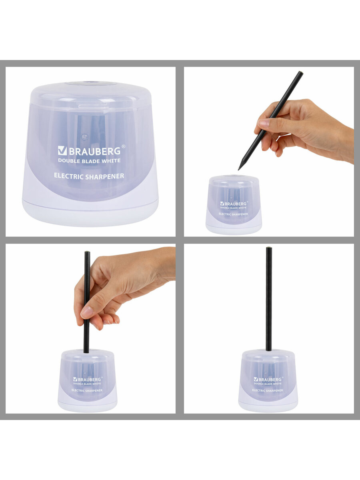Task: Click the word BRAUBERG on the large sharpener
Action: (x=95, y=151)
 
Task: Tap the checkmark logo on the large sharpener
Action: (x=62, y=150)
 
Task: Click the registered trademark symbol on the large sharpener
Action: (x=123, y=146)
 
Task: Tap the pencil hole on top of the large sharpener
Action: (x=91, y=83)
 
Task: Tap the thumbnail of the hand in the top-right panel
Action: (x=264, y=123)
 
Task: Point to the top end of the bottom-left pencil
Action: (x=87, y=252)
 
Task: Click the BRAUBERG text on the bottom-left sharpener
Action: (x=89, y=379)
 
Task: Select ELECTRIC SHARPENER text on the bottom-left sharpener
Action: (x=87, y=390)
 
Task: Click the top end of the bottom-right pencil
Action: (x=269, y=248)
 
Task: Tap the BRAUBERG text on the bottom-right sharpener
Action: (x=270, y=379)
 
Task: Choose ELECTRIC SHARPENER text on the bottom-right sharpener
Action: (x=268, y=390)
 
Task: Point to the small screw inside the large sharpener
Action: (x=84, y=137)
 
